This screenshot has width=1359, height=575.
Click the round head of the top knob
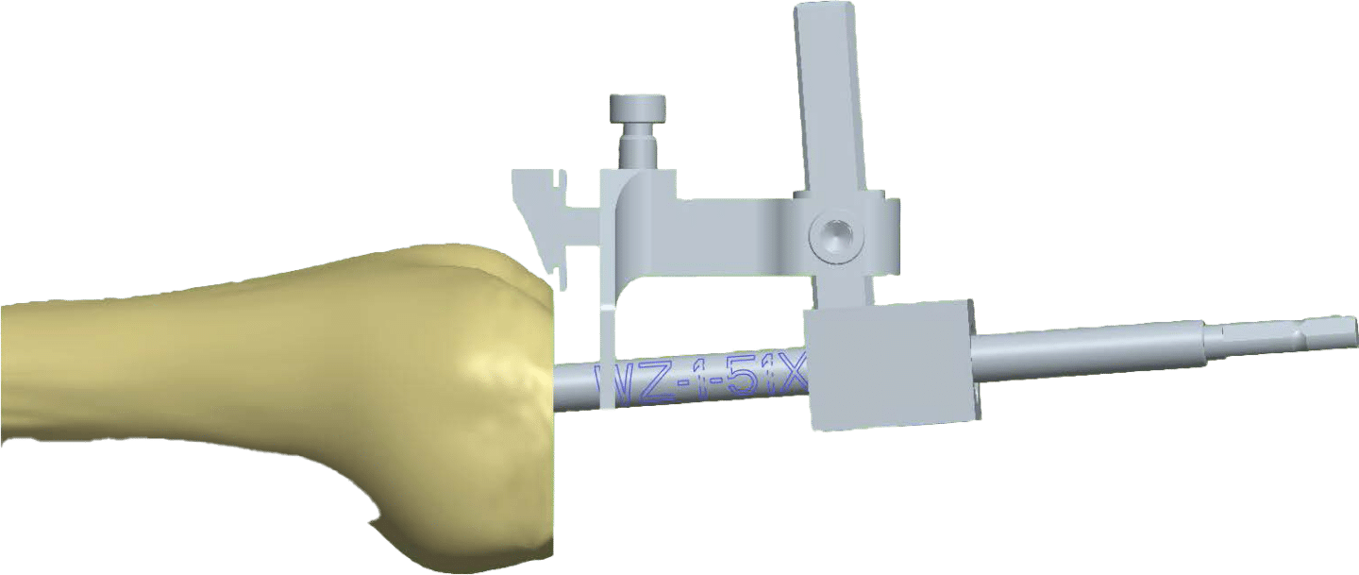pyautogui.click(x=639, y=108)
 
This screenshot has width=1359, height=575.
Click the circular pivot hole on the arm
pyautogui.click(x=833, y=235)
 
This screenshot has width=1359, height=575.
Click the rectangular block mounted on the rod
pyautogui.click(x=887, y=366)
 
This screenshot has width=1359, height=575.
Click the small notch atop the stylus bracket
pyautogui.click(x=562, y=177)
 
